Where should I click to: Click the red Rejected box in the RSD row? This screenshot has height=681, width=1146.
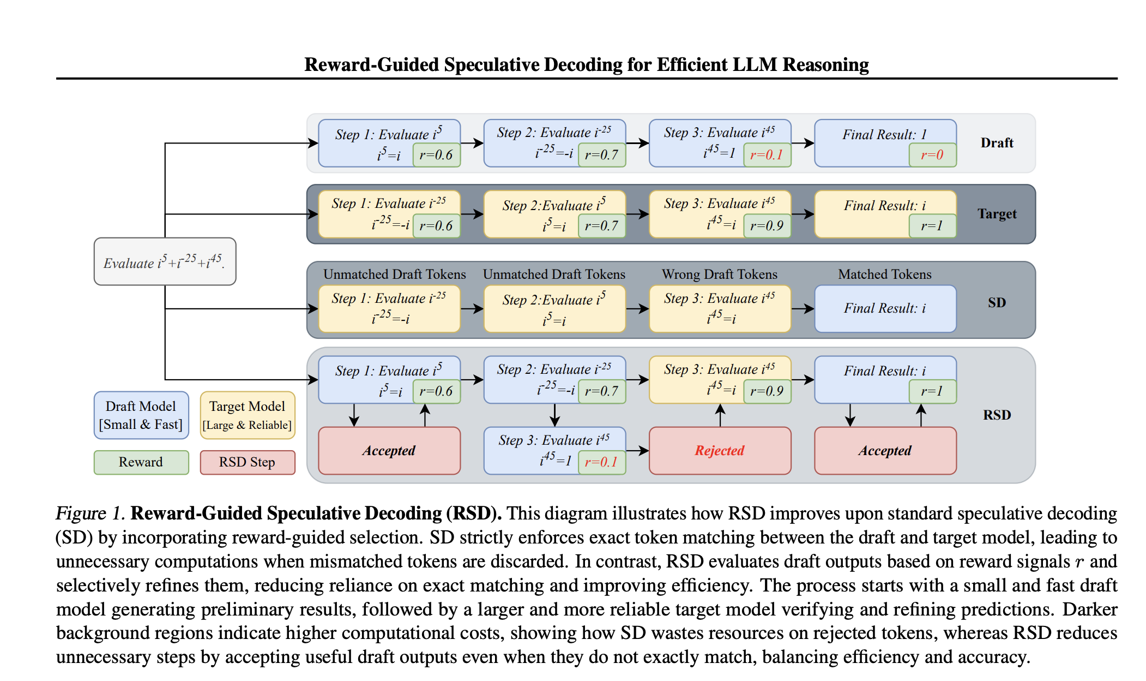(x=720, y=450)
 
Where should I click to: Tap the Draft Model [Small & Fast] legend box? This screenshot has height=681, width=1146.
(x=141, y=415)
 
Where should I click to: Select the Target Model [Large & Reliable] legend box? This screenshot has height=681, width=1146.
(x=247, y=415)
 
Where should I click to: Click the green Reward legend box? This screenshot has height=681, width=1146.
(x=141, y=462)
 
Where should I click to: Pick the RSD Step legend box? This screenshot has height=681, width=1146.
(x=247, y=462)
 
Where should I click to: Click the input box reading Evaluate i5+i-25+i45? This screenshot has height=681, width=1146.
(x=165, y=261)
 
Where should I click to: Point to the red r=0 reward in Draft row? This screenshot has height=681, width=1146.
(x=932, y=155)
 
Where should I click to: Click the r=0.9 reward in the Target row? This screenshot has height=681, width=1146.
(x=767, y=226)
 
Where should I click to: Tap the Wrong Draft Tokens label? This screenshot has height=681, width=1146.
(x=720, y=274)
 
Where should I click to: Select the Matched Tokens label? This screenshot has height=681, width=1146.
(x=884, y=274)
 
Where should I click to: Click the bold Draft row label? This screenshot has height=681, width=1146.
(x=997, y=143)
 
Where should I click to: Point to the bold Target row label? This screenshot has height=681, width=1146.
(x=997, y=214)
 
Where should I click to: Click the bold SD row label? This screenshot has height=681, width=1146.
(x=997, y=303)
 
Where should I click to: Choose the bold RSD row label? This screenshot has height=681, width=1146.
(x=997, y=415)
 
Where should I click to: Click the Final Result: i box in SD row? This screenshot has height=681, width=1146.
(x=885, y=308)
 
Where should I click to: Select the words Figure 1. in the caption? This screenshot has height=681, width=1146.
(x=91, y=513)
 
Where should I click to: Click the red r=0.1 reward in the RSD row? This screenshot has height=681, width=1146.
(x=601, y=462)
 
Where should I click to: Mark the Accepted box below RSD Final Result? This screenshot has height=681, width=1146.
(x=885, y=450)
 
